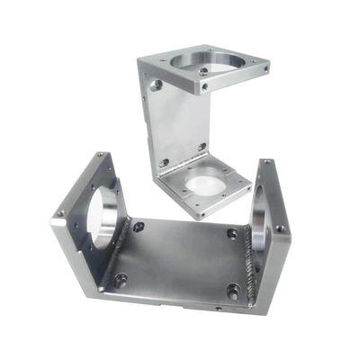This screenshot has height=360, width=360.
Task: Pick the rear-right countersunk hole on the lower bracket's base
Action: [232, 234]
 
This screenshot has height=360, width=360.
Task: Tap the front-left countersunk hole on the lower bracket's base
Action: [120, 280]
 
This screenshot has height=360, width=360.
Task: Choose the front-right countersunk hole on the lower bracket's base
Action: [233, 291]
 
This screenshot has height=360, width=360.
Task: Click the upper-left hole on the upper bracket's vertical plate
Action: [157, 85]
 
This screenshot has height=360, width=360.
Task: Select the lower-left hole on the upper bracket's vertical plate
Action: [164, 163]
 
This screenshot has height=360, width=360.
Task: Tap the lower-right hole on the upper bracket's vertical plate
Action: [202, 146]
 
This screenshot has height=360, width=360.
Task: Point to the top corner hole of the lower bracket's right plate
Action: [266, 163]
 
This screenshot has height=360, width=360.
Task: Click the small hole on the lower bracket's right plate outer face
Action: [278, 229]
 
